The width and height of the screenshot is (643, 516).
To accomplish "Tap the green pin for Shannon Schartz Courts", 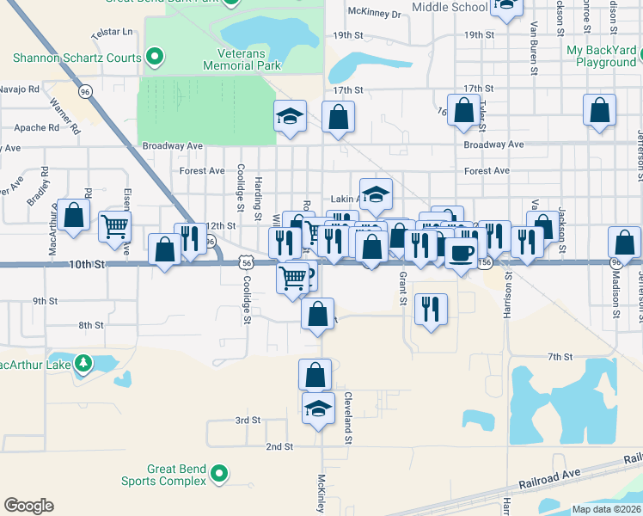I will click(155, 58).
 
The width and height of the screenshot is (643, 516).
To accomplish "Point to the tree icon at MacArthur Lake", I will click(83, 363).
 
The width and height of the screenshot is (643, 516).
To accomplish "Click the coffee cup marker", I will click(462, 253).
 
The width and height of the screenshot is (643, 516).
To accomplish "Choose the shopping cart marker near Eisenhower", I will click(114, 227).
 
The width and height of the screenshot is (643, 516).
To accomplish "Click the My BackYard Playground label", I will click(601, 57).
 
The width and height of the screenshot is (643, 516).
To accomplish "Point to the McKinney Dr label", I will click(374, 14).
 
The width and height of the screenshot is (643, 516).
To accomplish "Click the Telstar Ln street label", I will click(113, 32).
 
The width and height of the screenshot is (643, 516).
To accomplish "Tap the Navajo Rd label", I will click(19, 89).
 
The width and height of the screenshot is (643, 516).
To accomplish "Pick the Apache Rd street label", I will click(36, 127).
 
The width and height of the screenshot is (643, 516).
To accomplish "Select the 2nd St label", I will click(279, 447).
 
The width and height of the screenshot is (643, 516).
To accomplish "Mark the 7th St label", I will click(560, 356).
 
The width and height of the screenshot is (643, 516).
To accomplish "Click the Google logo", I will click(28, 505).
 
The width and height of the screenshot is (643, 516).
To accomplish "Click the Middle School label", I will click(450, 7).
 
